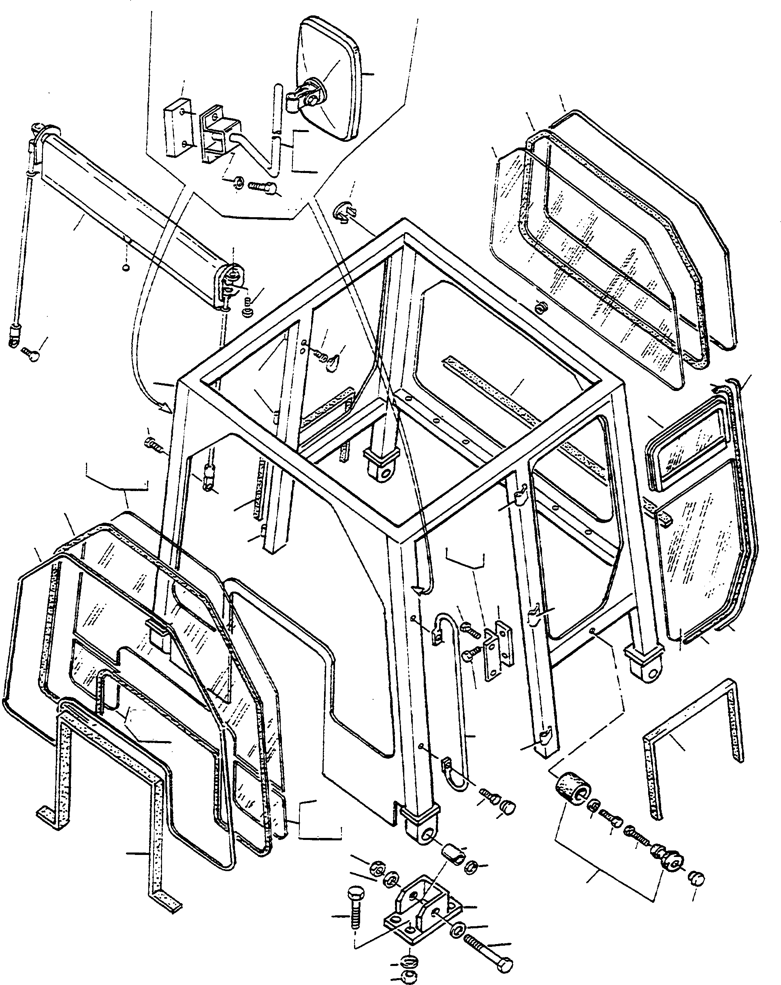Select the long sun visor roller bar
(x=132, y=219)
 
